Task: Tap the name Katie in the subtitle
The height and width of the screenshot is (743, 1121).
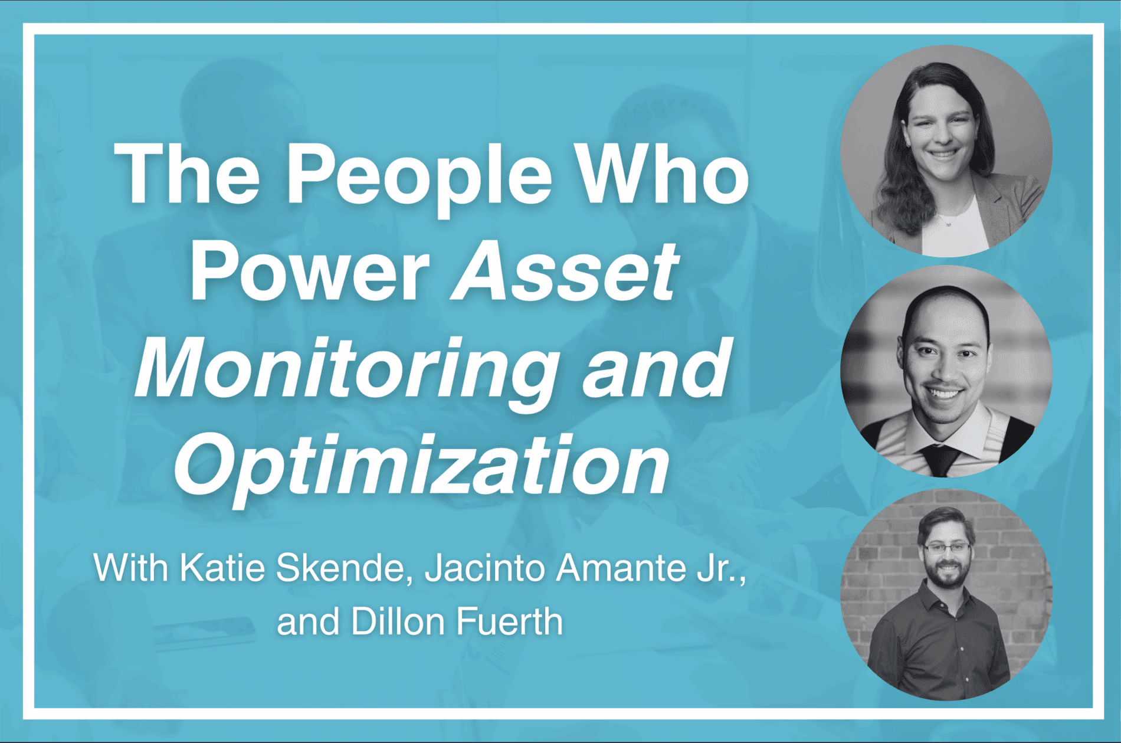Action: pyautogui.click(x=222, y=568)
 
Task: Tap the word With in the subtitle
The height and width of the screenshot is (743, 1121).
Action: pyautogui.click(x=130, y=568)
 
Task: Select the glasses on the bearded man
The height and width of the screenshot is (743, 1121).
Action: pyautogui.click(x=946, y=548)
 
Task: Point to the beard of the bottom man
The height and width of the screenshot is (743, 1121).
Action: pyautogui.click(x=948, y=575)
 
